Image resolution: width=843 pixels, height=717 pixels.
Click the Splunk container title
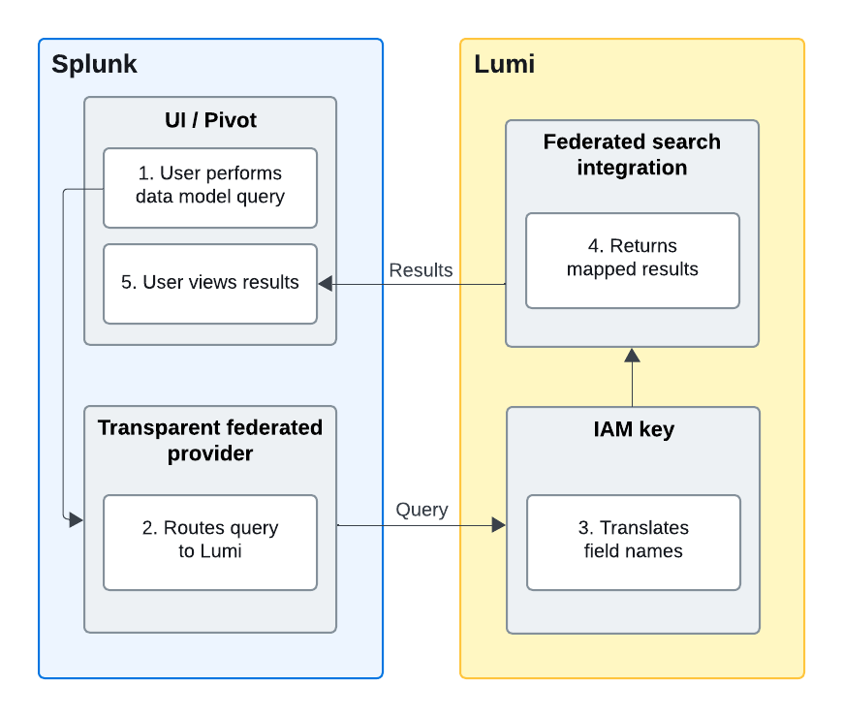point(94,65)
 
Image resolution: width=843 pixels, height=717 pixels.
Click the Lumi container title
point(504,65)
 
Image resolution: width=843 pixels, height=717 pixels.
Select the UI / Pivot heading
point(210,120)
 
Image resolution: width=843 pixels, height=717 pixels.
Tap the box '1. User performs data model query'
point(210,186)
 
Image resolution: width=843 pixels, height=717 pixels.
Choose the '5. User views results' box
point(210,283)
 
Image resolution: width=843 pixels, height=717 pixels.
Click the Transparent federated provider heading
point(210,440)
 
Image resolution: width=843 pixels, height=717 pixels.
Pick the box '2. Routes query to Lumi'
point(210,541)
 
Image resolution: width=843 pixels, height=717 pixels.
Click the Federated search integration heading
point(632,154)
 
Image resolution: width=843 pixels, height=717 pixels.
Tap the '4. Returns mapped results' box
point(632,259)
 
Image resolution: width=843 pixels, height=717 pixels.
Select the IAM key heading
point(633,430)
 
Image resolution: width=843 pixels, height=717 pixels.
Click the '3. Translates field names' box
point(633,541)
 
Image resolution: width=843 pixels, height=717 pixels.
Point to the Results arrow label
point(421,270)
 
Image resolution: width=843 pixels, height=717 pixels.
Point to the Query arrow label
point(421,510)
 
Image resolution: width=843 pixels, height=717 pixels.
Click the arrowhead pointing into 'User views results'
point(326,283)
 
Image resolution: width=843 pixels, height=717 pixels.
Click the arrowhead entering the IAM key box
point(499,525)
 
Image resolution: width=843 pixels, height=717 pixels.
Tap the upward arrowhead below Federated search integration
point(632,355)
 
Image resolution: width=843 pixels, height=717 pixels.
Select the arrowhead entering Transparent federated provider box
point(77,520)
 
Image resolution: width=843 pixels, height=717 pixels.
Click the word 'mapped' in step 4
point(605,269)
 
